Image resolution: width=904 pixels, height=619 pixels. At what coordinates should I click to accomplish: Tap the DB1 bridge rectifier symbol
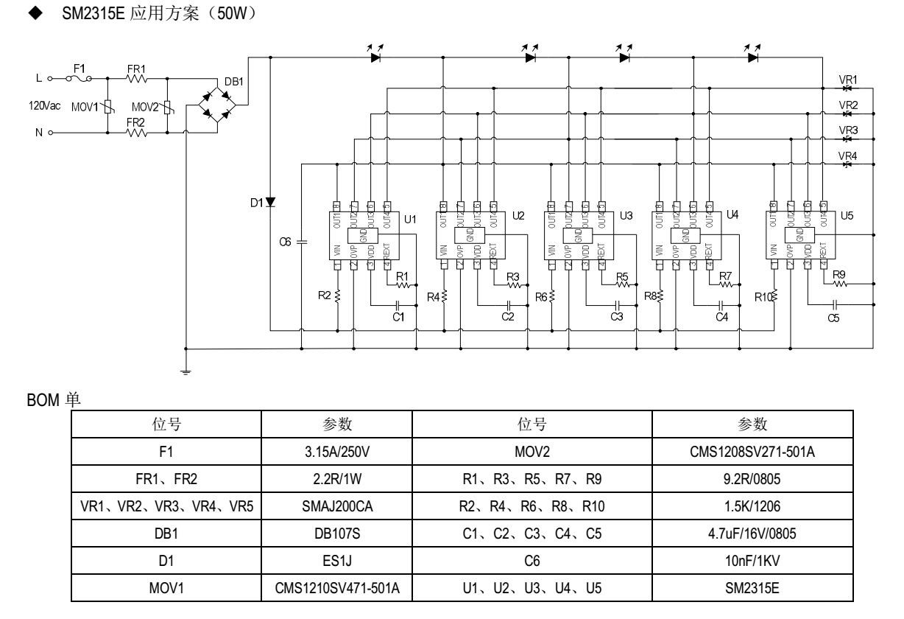[216, 105]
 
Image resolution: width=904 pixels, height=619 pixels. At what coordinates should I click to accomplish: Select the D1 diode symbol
[270, 201]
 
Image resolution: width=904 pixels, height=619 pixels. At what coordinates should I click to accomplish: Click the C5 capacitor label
[833, 319]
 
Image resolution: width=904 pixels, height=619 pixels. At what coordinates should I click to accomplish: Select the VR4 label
[849, 155]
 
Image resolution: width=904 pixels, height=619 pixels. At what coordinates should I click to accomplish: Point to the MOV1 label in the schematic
[84, 107]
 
